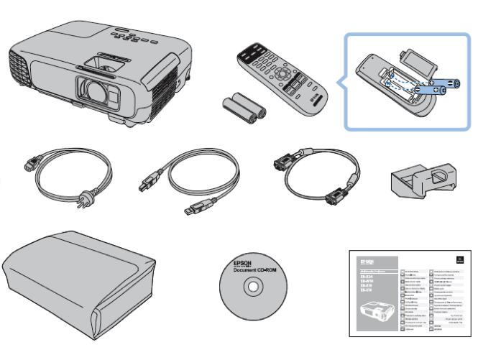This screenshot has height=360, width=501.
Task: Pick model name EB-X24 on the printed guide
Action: pyautogui.click(x=367, y=275)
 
